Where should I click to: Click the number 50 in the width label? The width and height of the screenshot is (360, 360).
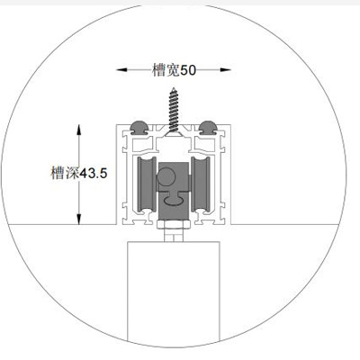point(188,70)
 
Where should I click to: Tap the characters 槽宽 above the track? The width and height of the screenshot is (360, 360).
point(166,70)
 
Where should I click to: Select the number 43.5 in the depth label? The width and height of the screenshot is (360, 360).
point(93,174)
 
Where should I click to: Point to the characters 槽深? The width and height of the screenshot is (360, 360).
point(65,173)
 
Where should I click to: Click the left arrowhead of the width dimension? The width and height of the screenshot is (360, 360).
point(121,70)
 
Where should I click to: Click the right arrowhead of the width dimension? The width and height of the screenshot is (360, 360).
point(225,70)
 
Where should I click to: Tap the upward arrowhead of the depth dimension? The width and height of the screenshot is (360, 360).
point(79,130)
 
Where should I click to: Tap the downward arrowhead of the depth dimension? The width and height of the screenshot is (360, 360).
point(79,219)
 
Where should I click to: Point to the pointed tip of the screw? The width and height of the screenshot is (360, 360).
point(173,88)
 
